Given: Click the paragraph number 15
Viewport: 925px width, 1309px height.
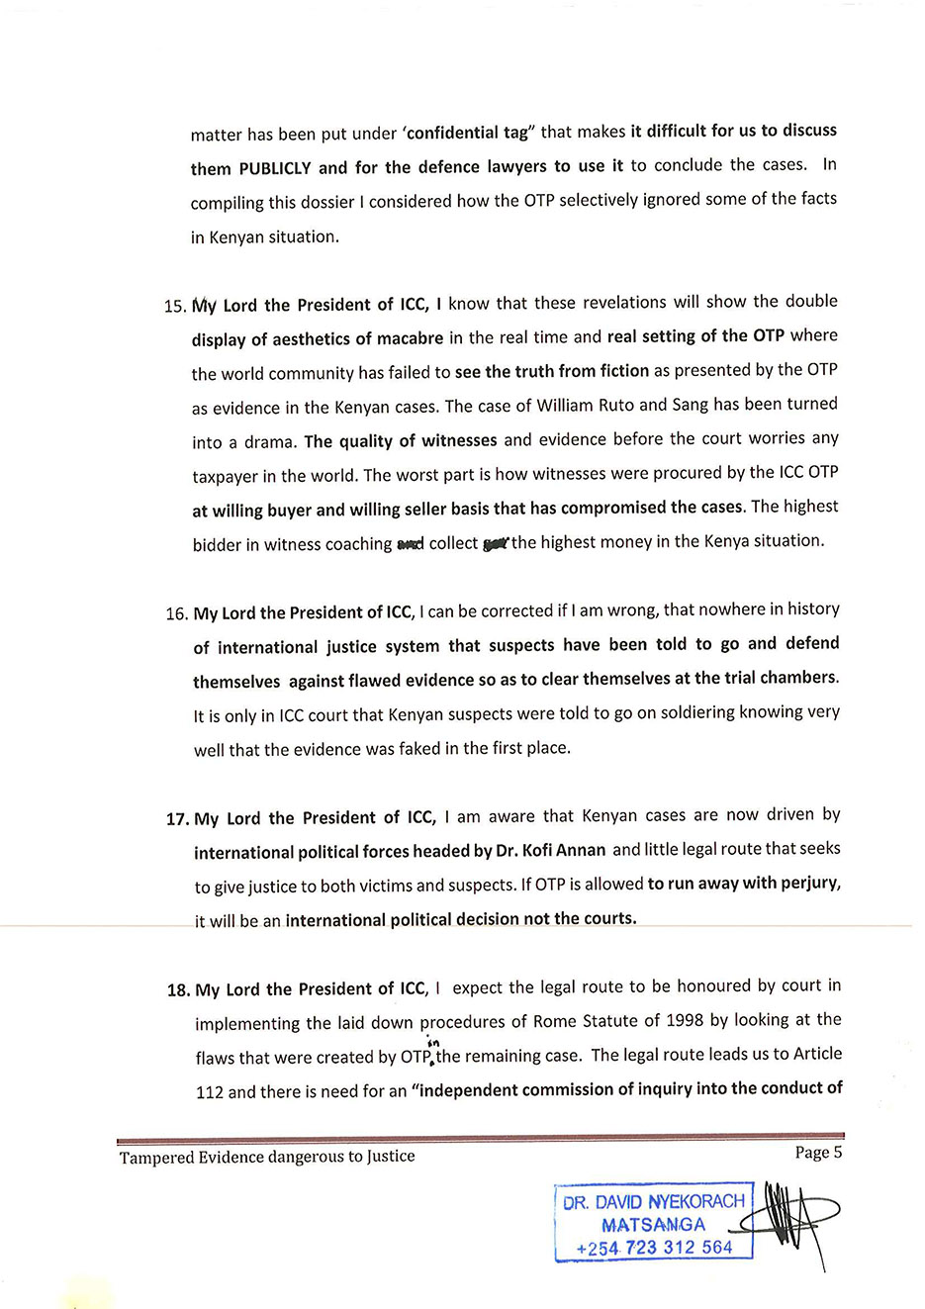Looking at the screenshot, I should pyautogui.click(x=174, y=307).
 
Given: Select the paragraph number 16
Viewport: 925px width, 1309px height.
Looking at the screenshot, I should pyautogui.click(x=176, y=614).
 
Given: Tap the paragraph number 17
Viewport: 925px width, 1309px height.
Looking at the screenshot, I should pyautogui.click(x=177, y=819).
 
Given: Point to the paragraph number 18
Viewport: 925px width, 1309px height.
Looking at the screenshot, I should pyautogui.click(x=178, y=990).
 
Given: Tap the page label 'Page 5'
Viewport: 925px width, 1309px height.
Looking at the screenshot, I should pyautogui.click(x=818, y=1152).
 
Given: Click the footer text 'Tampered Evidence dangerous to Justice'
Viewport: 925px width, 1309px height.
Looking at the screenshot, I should pyautogui.click(x=267, y=1157).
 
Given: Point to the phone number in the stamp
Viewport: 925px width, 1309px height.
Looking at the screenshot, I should pyautogui.click(x=654, y=1248).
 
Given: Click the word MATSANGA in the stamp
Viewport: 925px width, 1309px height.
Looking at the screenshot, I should pyautogui.click(x=653, y=1225).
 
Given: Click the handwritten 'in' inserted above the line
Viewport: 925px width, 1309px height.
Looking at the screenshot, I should pyautogui.click(x=432, y=1043).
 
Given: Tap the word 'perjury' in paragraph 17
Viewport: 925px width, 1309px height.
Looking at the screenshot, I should pyautogui.click(x=810, y=883).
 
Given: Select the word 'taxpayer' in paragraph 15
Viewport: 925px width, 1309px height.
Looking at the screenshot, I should pyautogui.click(x=226, y=477).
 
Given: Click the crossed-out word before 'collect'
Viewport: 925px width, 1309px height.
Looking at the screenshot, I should pyautogui.click(x=410, y=544).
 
